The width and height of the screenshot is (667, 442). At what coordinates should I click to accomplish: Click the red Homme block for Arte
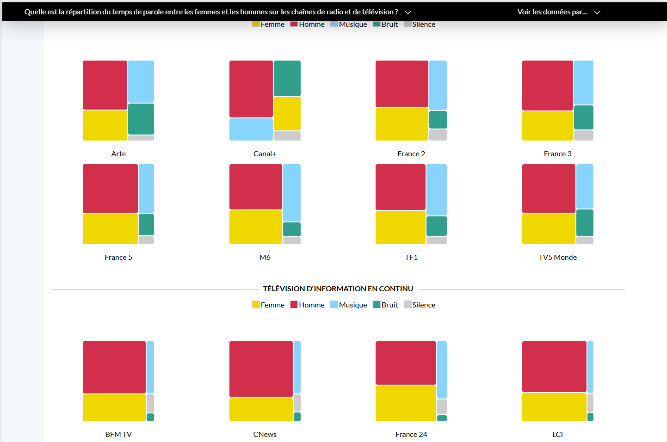point(105,85)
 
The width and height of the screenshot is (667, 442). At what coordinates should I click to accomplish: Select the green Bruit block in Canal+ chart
point(287,78)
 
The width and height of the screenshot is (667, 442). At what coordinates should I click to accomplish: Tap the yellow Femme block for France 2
point(401,124)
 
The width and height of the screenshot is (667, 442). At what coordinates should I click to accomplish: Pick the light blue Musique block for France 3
point(583,82)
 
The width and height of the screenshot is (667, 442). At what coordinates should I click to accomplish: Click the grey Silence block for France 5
point(146,240)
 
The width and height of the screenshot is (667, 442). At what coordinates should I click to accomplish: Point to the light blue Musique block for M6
point(291,192)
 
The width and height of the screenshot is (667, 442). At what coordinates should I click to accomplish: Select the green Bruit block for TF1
point(436,226)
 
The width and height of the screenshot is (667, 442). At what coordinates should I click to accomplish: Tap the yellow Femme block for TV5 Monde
point(549,229)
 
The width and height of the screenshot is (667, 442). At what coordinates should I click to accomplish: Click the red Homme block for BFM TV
point(114,367)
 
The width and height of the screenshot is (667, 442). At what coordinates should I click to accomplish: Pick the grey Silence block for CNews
point(297,403)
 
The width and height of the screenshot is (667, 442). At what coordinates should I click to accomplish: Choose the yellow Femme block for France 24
point(406,403)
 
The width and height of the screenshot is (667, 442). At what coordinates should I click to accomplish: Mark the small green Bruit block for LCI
point(590,417)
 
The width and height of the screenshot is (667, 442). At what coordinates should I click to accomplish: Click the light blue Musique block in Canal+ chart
point(251,129)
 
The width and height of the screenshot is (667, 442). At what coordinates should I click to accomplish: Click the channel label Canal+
point(265,154)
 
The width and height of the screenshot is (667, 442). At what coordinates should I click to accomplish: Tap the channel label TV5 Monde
point(557,258)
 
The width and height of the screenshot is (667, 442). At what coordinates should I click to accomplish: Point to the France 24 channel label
point(411,435)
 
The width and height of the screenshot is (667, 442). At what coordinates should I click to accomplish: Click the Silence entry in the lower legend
point(420,305)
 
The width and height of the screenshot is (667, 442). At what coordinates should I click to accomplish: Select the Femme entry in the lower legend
point(268,305)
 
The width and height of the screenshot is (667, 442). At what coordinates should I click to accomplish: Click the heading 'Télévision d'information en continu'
point(338,289)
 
